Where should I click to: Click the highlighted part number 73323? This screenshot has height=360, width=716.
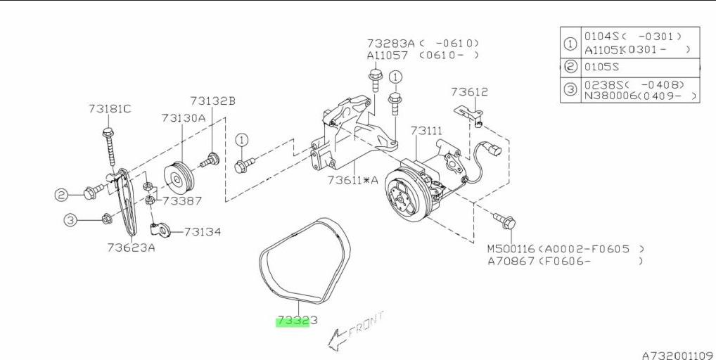(x=292, y=321)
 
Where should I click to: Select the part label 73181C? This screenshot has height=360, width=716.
(x=109, y=109)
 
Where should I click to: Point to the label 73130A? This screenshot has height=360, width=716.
(x=183, y=118)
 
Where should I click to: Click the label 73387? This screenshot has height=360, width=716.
(x=181, y=201)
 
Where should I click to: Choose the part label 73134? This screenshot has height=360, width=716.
(x=202, y=231)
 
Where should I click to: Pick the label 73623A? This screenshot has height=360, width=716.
(x=131, y=247)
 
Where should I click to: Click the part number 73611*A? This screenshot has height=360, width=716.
(x=352, y=180)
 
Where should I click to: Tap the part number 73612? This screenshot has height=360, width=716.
(x=469, y=92)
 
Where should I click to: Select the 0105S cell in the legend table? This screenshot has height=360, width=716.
(x=603, y=67)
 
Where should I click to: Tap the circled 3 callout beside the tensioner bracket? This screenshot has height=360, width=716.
(x=71, y=220)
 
